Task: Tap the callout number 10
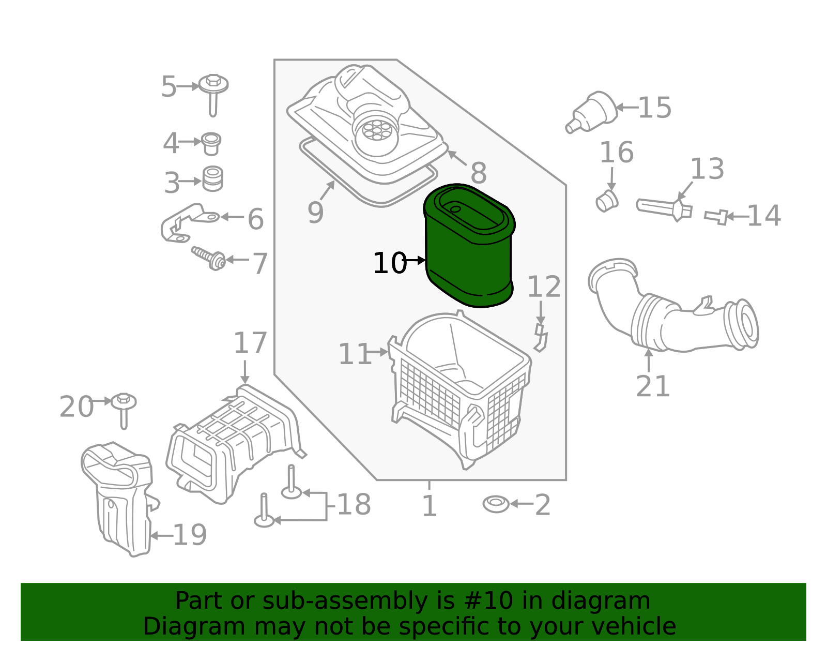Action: tap(389, 263)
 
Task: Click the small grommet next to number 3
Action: tap(212, 178)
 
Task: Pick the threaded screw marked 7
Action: tap(209, 257)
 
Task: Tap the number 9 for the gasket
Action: tap(315, 213)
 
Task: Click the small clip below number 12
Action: tap(541, 338)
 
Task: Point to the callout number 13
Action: tap(707, 169)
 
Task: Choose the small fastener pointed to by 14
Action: tap(716, 217)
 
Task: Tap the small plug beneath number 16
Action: tap(607, 201)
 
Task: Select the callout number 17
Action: tap(250, 343)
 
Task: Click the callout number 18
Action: tap(354, 505)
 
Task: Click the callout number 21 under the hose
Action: tap(652, 386)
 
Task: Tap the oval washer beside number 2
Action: tap(496, 504)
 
